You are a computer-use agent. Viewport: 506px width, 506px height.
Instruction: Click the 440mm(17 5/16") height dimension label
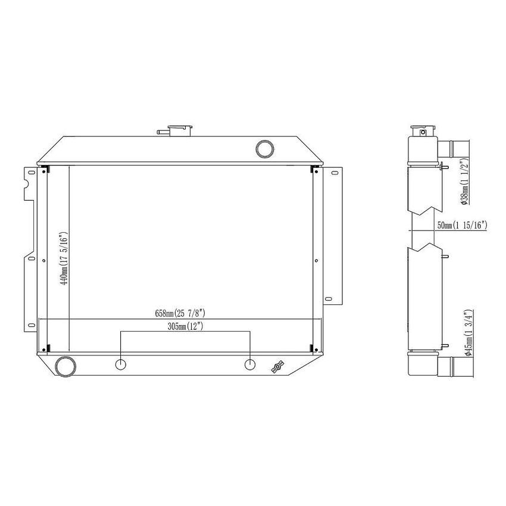pyautogui.click(x=65, y=257)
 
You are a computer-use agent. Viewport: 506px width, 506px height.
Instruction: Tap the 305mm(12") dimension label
pyautogui.click(x=185, y=327)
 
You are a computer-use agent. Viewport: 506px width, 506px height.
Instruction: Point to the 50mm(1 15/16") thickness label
pyautogui.click(x=463, y=225)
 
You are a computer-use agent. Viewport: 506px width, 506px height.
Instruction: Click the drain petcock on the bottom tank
pyautogui.click(x=277, y=367)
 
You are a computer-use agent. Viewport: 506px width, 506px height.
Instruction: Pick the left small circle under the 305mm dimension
pyautogui.click(x=121, y=364)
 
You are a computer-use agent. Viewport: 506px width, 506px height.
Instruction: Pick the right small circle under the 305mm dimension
pyautogui.click(x=250, y=364)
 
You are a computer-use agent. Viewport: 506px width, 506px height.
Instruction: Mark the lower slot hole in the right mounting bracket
pyautogui.click(x=327, y=298)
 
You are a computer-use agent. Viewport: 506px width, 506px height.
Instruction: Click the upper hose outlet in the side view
pyautogui.click(x=456, y=146)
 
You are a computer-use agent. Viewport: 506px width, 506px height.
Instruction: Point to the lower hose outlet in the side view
pyautogui.click(x=455, y=364)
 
